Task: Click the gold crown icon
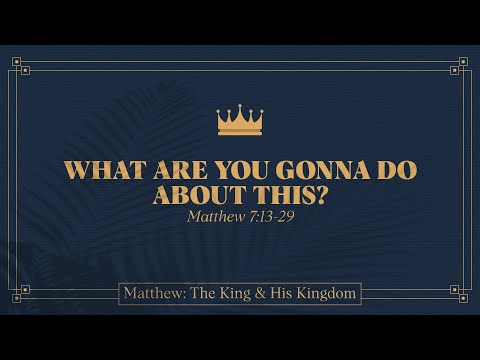239,120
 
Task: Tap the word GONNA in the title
317,170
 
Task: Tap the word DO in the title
395,170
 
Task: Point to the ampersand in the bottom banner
262,294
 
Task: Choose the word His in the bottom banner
283,294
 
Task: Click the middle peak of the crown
239,106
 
